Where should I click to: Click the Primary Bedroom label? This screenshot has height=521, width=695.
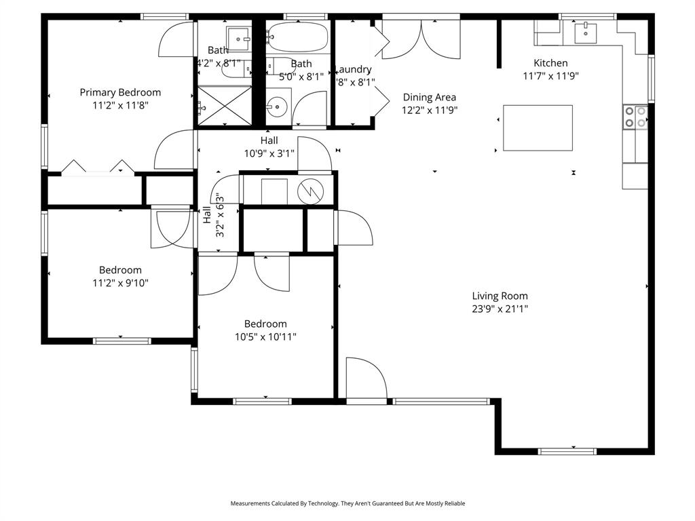120,92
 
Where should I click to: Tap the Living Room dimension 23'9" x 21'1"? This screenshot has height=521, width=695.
500,309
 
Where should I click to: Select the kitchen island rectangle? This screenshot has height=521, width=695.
538,128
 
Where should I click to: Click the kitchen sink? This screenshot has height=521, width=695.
584,31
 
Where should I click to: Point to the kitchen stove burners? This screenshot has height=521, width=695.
635,117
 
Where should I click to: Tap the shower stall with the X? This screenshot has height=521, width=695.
224,107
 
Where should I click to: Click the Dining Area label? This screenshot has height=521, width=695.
429,97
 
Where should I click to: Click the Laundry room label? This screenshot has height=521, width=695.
354,69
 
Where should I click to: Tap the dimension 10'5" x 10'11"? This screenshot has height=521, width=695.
265,336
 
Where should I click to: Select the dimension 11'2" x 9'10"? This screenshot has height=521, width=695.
120,283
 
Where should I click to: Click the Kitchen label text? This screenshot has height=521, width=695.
550,63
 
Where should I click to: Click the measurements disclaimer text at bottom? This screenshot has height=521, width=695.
347,503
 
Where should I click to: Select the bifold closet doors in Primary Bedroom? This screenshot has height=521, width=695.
97,168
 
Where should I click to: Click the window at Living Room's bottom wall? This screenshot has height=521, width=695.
567,451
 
